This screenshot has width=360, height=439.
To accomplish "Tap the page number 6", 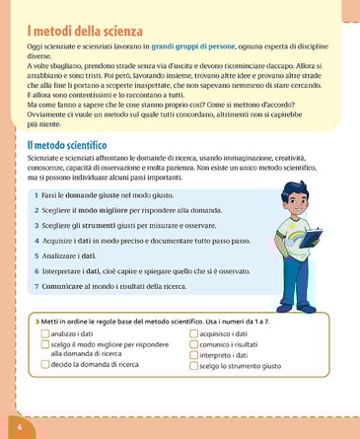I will click(x=19, y=425).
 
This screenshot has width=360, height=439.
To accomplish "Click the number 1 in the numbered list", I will click(x=36, y=197).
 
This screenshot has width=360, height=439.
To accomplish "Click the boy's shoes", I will click(x=297, y=309).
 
